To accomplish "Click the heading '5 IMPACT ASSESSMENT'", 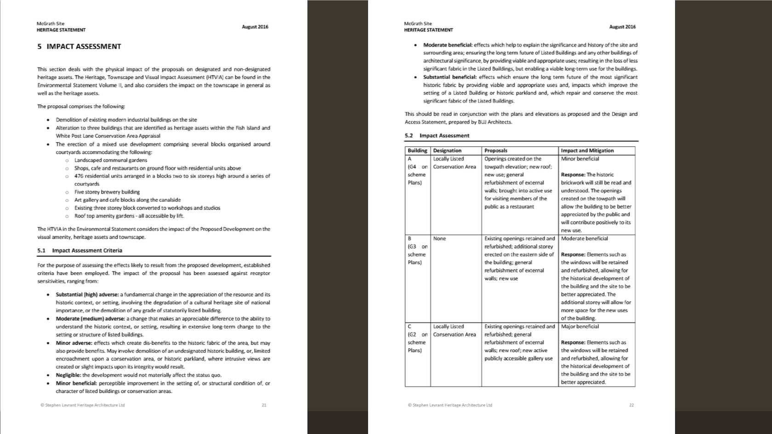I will coord(79,46).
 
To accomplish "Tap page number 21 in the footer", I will coord(264,405).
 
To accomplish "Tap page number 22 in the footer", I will coord(631,405).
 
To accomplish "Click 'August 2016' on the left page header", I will coord(255,27).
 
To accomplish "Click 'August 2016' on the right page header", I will coord(622,27).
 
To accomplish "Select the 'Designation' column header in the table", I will coord(447,151).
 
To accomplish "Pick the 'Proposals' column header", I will coord(496,151).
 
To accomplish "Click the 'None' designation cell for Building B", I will coord(439,238).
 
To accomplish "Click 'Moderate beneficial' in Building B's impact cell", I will coord(584,238).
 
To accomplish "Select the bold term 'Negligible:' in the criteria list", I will coord(68,375).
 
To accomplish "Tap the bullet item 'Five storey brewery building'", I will coord(107,192).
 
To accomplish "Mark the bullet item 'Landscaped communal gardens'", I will coord(111,160).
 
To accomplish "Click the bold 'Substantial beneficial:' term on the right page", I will coord(450,77).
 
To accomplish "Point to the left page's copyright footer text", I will coord(82,405).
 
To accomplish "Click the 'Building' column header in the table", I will coord(417,151).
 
